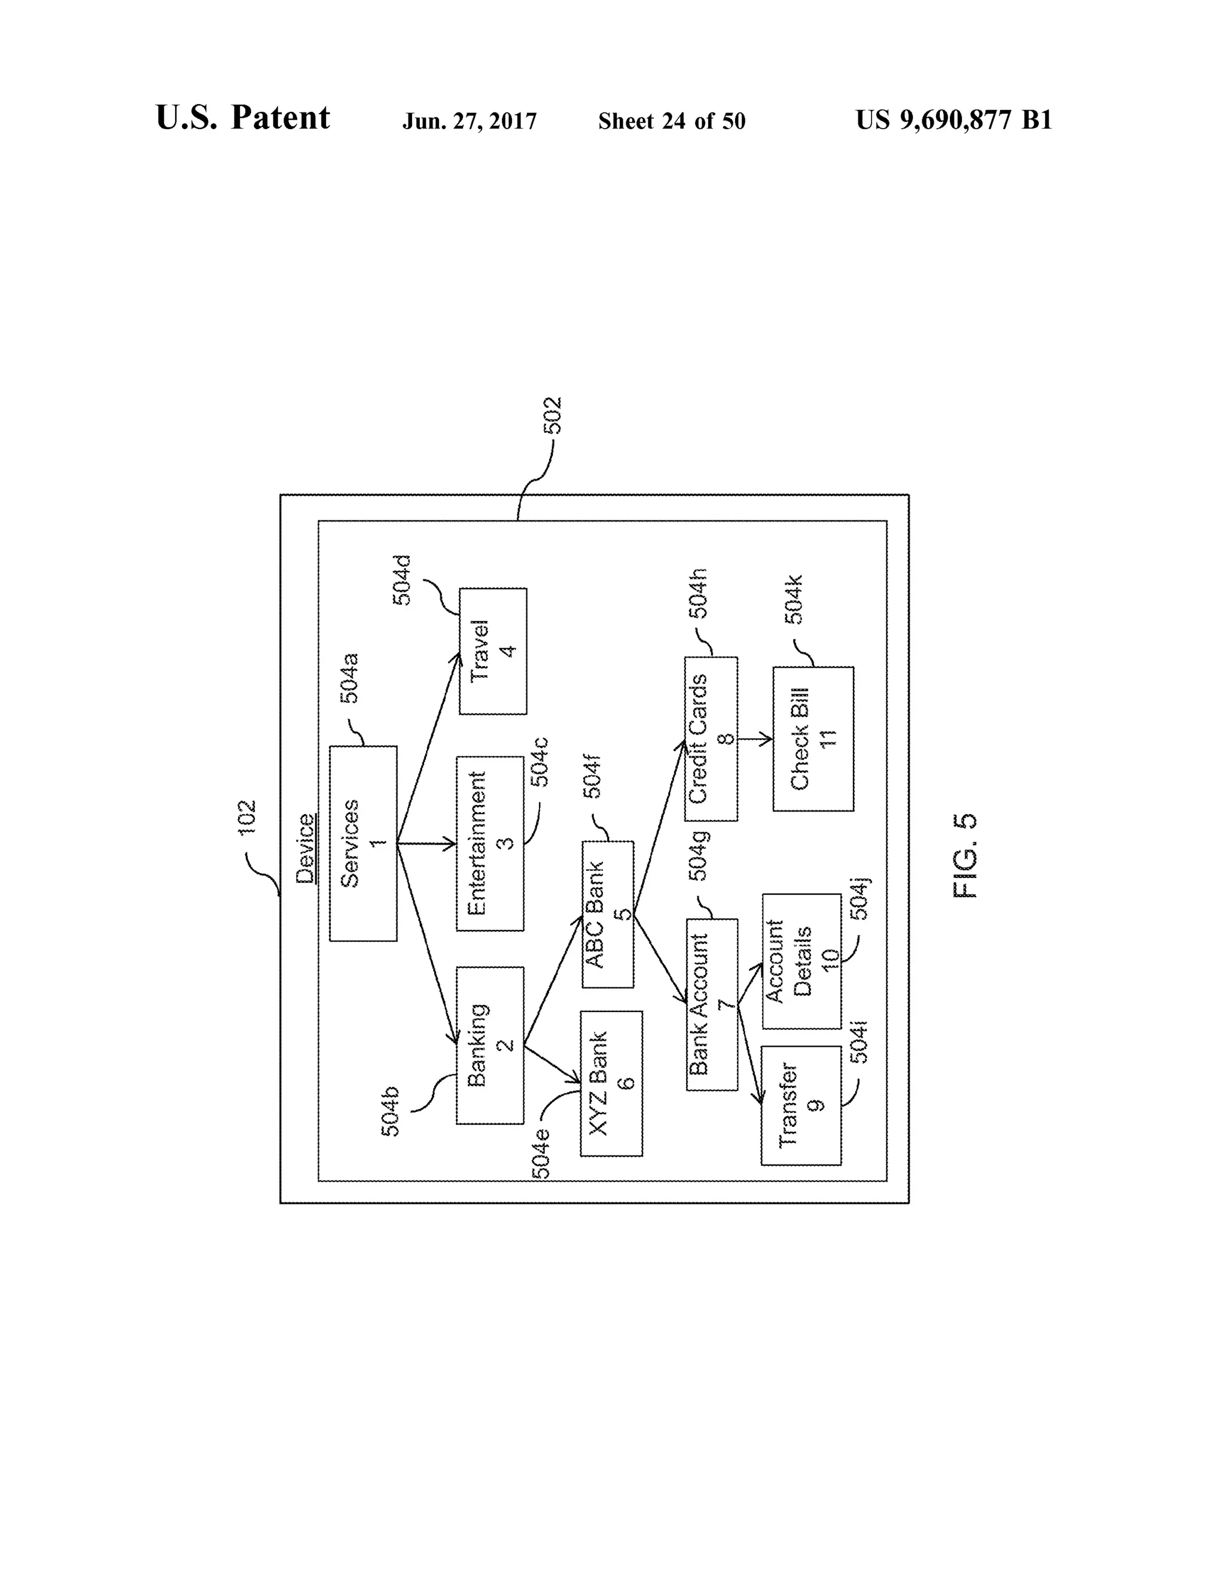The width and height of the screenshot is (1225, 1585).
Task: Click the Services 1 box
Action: (x=363, y=843)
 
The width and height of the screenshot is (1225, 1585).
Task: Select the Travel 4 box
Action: (x=493, y=650)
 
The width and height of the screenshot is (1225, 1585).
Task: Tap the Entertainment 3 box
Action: (x=490, y=843)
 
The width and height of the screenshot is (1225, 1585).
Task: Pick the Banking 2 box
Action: (x=490, y=1045)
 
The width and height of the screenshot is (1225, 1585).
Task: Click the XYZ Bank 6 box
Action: (x=611, y=1083)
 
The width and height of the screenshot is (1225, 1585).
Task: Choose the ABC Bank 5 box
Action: (x=608, y=914)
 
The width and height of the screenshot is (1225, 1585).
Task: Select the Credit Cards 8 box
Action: (x=711, y=739)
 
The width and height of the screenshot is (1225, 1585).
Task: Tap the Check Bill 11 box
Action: (x=813, y=739)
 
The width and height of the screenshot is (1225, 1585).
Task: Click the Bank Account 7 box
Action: (x=712, y=1004)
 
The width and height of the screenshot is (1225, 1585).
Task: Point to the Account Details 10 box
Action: (x=801, y=961)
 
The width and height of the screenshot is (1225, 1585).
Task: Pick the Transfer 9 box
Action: (x=800, y=1105)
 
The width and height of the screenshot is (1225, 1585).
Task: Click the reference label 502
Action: (x=554, y=415)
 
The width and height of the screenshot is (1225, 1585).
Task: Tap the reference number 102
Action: (x=248, y=816)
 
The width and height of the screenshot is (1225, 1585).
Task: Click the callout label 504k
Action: (x=795, y=599)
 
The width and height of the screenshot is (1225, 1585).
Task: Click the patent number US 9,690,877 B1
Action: (x=953, y=120)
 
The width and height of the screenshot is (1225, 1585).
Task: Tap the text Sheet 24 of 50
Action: (x=671, y=121)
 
